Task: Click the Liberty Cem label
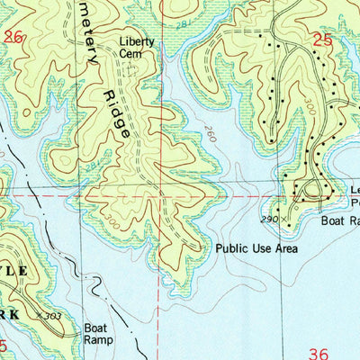(137, 48)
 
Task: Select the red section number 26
(13, 37)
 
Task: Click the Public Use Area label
(256, 248)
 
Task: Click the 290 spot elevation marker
(271, 219)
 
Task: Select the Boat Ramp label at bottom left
(96, 334)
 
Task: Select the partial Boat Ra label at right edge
(339, 220)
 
